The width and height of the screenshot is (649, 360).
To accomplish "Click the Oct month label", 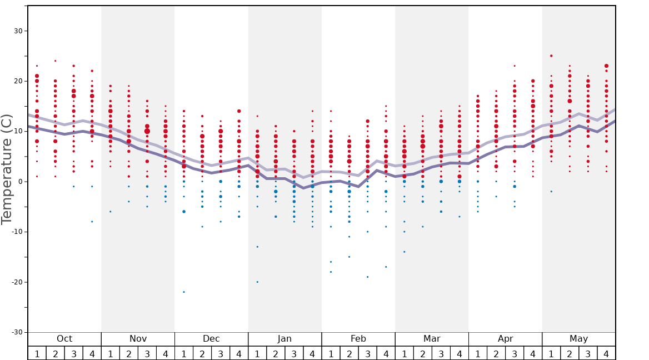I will (x=64, y=339).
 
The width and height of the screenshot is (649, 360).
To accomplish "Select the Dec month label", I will (x=211, y=339).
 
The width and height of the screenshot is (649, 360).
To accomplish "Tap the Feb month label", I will (x=358, y=339).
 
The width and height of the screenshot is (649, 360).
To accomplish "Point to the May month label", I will (x=578, y=339).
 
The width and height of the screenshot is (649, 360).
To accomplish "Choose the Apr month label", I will (x=505, y=339).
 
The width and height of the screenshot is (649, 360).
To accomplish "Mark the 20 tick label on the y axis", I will (x=18, y=81).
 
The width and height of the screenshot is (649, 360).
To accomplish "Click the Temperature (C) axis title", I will (x=7, y=169).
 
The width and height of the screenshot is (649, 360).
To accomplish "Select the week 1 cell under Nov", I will (x=111, y=353).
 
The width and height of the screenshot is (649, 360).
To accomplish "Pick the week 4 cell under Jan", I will (x=312, y=353).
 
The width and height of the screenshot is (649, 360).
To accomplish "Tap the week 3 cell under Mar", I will (x=441, y=353).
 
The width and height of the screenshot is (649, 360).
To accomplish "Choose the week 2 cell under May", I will (x=570, y=353).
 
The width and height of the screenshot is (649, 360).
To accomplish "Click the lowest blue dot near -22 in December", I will (x=184, y=292).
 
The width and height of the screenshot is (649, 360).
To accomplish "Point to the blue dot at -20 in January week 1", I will (x=257, y=282).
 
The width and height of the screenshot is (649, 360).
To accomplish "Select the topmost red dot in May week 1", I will (x=551, y=56).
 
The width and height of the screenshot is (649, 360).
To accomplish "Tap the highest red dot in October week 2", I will (x=55, y=61).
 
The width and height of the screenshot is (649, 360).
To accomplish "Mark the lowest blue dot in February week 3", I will (x=367, y=277).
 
